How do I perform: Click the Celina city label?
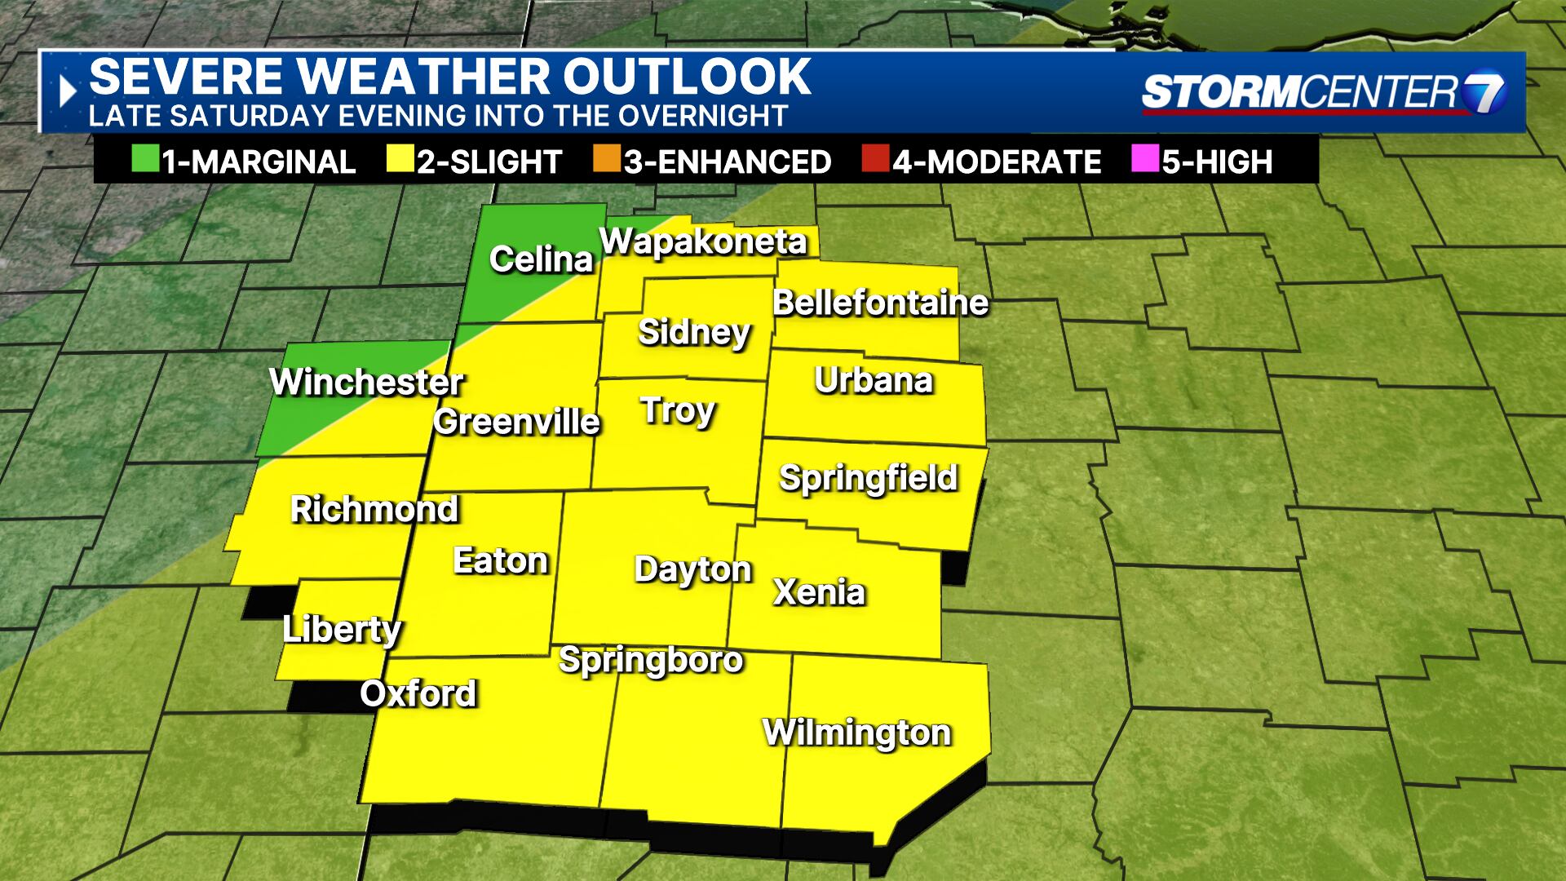click(x=541, y=259)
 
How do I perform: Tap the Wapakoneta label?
click(x=703, y=241)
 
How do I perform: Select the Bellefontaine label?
click(x=880, y=303)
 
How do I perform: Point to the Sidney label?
click(x=694, y=332)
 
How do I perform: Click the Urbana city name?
click(x=874, y=380)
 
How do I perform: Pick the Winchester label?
click(x=366, y=382)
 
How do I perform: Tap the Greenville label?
click(x=516, y=422)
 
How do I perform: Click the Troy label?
click(x=678, y=410)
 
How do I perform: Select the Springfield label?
click(x=868, y=478)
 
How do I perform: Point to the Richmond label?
click(x=374, y=509)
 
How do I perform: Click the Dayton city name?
click(x=692, y=569)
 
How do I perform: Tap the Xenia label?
click(x=819, y=592)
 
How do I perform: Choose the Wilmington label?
click(x=856, y=733)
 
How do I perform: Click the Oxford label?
click(x=418, y=693)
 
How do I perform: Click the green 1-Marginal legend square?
click(x=144, y=160)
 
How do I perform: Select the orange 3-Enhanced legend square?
click(x=607, y=160)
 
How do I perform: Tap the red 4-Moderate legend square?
click(x=874, y=160)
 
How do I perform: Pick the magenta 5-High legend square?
click(x=1144, y=160)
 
